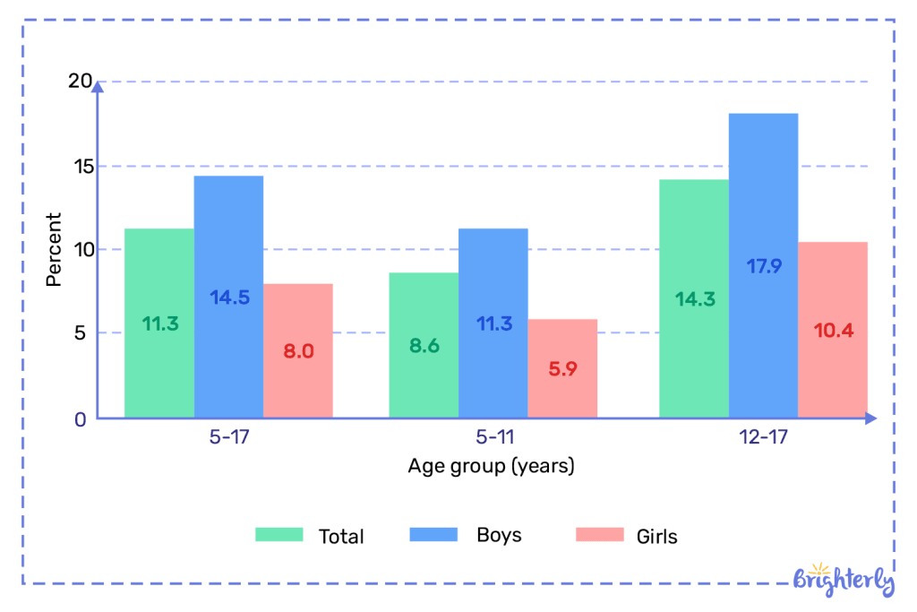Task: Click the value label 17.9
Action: pos(763,266)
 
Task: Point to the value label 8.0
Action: pos(298,351)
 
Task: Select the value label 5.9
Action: pos(562,368)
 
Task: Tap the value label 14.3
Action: pos(695,299)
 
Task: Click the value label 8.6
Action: pos(424,346)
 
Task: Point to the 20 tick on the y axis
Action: pos(81,82)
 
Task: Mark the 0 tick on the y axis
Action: pos(81,419)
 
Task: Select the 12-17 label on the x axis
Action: pos(763,439)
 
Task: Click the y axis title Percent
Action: pos(54,249)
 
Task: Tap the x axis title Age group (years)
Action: pos(491,466)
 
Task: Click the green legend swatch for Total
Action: pos(279,535)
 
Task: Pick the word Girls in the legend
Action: pos(656,537)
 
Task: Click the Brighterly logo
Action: pos(844,580)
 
